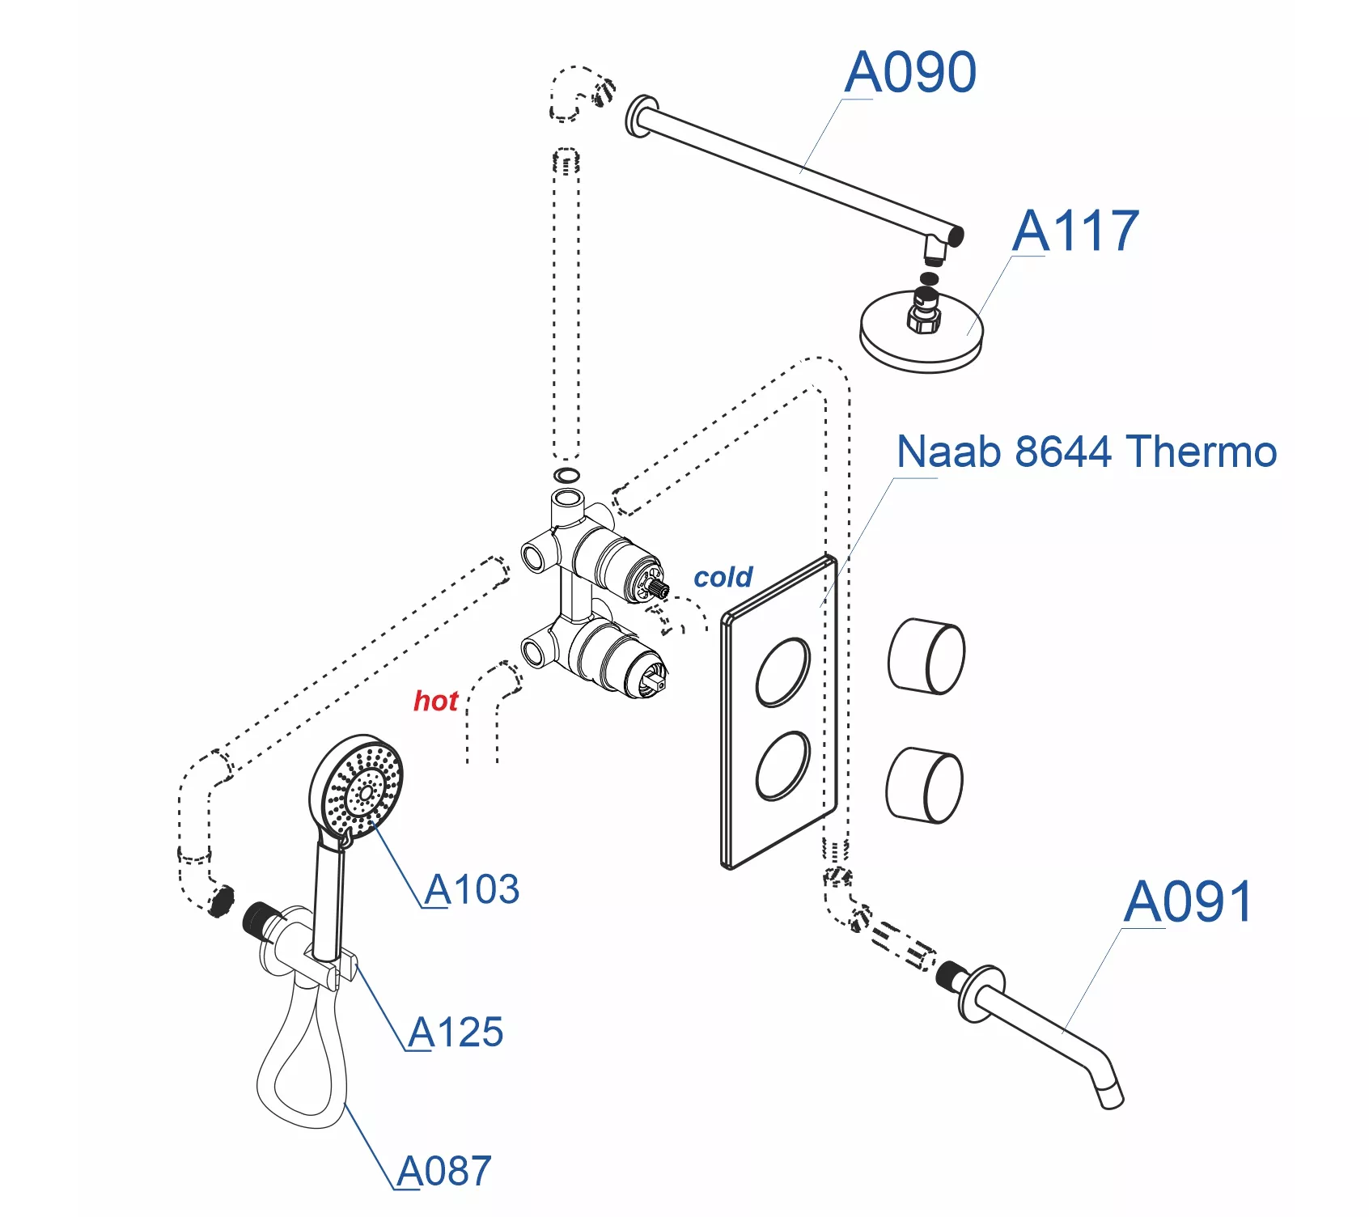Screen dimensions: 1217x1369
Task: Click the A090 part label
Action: (910, 73)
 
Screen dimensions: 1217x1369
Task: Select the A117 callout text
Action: (1075, 231)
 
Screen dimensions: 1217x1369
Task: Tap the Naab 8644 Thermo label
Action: (1087, 452)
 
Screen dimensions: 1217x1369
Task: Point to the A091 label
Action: (1188, 901)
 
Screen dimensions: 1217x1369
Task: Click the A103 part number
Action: (472, 889)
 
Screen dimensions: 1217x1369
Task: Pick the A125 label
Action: (456, 1033)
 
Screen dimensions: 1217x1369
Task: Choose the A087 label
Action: (444, 1171)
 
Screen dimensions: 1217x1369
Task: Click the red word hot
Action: (435, 701)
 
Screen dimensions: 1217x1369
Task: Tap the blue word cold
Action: (723, 577)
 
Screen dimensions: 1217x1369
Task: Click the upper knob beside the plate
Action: (926, 656)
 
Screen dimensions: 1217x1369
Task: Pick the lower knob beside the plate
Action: (925, 785)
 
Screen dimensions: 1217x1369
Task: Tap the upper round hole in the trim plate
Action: (782, 672)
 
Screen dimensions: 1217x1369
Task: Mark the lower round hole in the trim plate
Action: (782, 765)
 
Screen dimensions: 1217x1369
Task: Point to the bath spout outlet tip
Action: (1111, 1098)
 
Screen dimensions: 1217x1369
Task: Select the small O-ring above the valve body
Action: (567, 475)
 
